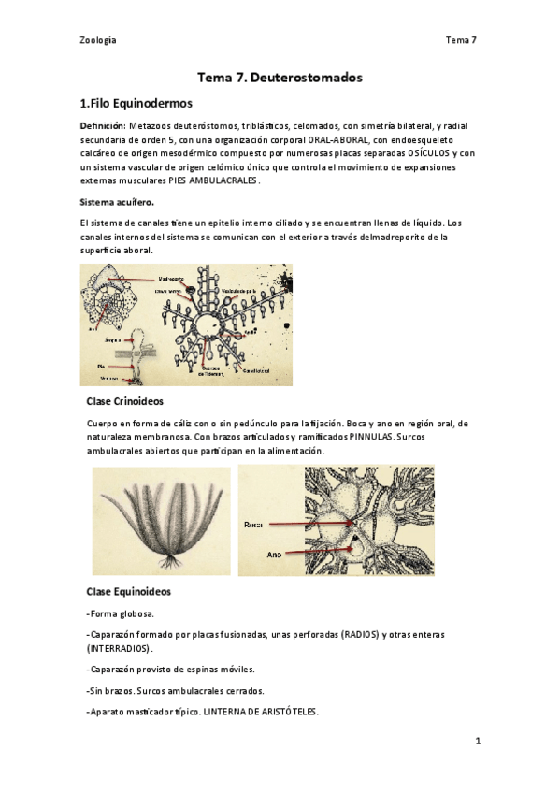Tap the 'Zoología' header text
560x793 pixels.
point(98,40)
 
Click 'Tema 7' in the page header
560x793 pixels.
point(462,40)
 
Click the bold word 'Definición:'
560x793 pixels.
point(102,125)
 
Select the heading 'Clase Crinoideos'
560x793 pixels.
point(124,401)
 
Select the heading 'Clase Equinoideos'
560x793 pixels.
point(128,592)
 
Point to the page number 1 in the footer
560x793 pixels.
point(477,742)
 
